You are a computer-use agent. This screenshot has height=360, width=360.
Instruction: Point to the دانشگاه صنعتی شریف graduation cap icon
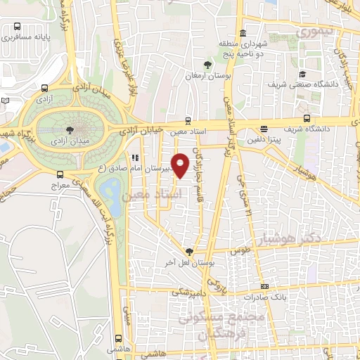click(x=302, y=74)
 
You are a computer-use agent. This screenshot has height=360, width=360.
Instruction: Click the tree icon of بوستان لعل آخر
click(x=188, y=251)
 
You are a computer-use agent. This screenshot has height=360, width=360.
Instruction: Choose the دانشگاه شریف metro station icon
click(x=307, y=117)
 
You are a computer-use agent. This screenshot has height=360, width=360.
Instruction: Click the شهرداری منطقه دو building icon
click(x=243, y=32)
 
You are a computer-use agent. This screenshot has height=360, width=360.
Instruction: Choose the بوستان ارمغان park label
click(x=199, y=75)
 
